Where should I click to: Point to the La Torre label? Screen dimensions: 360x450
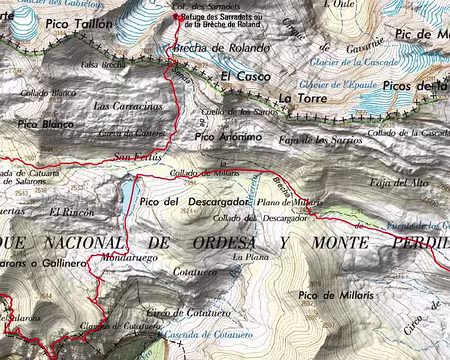pos(298,98)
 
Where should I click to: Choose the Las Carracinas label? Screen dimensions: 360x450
pos(127,105)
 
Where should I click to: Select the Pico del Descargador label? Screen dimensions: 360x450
pos(187,202)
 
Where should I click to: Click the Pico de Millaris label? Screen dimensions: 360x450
pos(335,296)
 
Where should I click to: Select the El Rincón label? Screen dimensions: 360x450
pos(69,212)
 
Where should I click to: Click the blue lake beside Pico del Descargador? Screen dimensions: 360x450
pos(128,194)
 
